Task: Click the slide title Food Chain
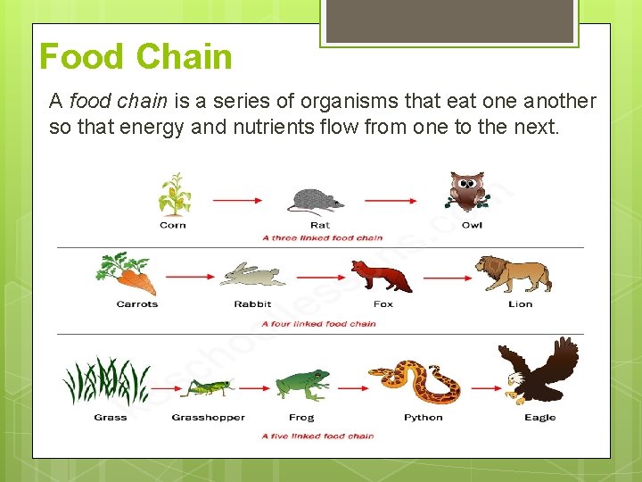[136, 57]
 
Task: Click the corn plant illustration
[173, 195]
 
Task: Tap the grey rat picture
[317, 201]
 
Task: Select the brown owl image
[466, 193]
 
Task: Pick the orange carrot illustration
[129, 274]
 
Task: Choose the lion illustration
[514, 274]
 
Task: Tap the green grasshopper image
[208, 386]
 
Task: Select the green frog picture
[300, 385]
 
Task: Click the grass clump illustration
[106, 382]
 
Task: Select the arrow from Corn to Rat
[236, 202]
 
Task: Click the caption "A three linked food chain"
[322, 238]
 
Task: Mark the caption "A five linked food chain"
[317, 436]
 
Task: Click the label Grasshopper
[208, 418]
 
